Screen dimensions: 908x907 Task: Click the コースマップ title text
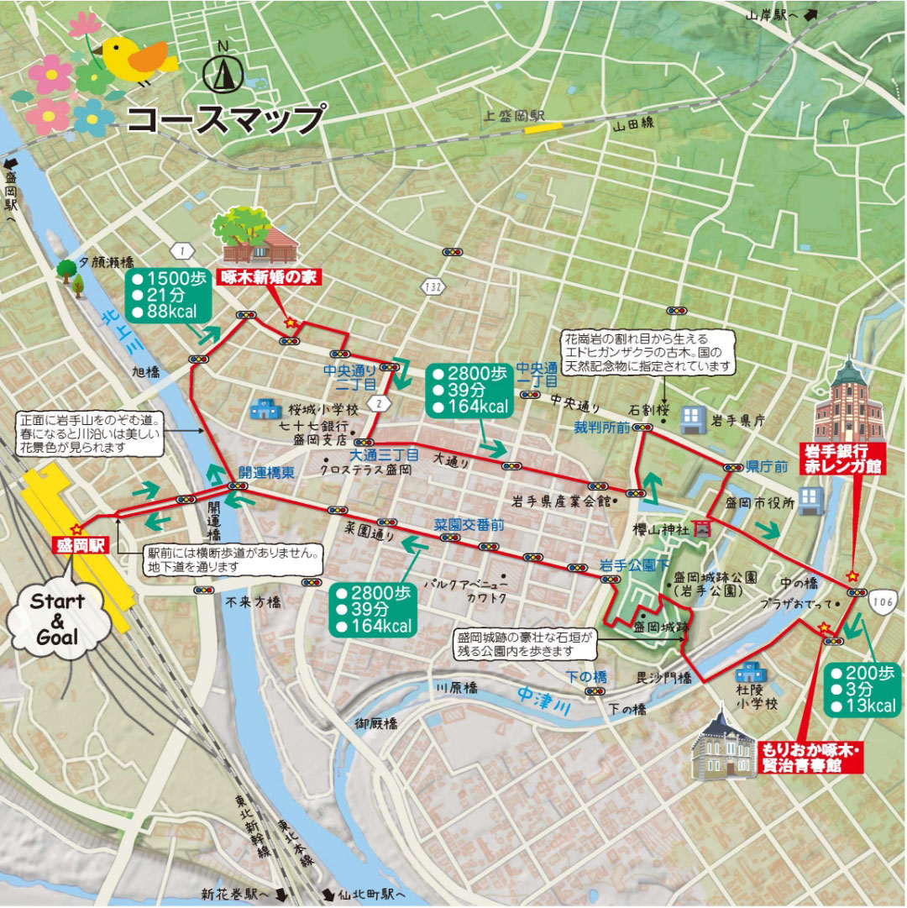pyautogui.click(x=226, y=118)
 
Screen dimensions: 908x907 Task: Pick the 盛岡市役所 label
pyautogui.click(x=754, y=502)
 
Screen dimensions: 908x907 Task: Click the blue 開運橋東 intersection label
pyautogui.click(x=265, y=472)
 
